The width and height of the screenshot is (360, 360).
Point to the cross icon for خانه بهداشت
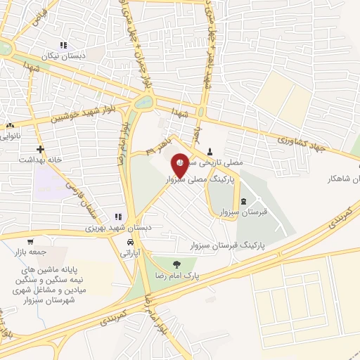pos(41,149)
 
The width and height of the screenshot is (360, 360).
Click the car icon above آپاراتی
pos(131,242)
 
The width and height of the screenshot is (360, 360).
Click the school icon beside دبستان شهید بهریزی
pos(119,217)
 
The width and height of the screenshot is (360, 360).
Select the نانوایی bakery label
pos(12,135)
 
